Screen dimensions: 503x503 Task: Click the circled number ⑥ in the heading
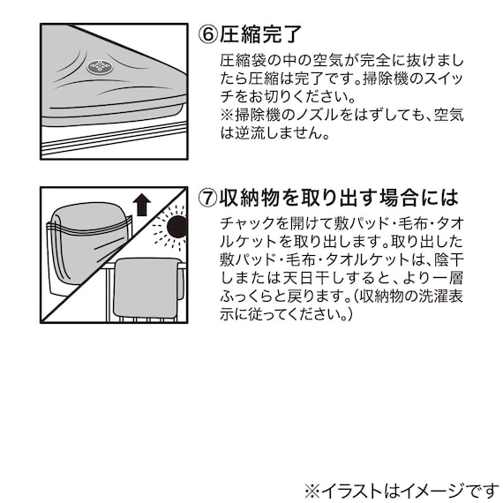(x=208, y=34)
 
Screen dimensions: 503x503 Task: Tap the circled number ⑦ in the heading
(x=208, y=198)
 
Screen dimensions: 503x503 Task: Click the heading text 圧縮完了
(x=260, y=34)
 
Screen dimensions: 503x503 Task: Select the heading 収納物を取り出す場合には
(x=340, y=198)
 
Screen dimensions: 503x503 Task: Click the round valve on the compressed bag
(x=100, y=67)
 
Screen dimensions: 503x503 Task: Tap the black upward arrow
(x=142, y=206)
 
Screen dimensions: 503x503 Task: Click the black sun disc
(x=177, y=227)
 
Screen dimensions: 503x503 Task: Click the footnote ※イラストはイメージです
(x=402, y=491)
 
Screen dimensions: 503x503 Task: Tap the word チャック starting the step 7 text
(x=249, y=223)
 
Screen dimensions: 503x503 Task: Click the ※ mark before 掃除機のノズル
(x=227, y=115)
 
